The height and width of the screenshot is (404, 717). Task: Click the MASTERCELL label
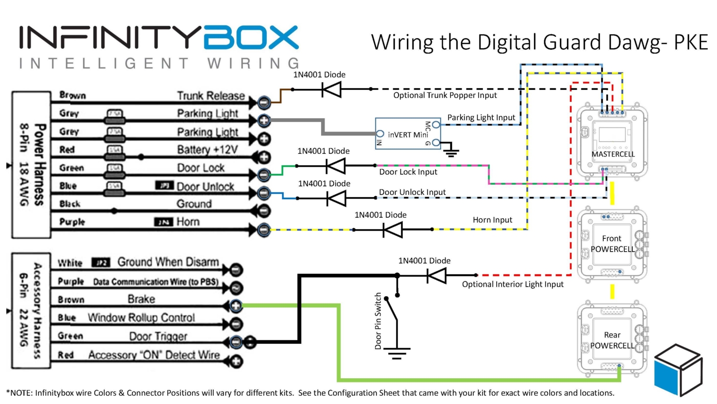613,154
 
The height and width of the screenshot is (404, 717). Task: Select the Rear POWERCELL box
612,339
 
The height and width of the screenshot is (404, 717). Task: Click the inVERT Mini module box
408,134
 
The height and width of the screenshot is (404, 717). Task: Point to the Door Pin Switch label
378,321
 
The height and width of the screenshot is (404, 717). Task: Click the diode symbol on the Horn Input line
393,230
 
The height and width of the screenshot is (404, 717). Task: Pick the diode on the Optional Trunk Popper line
331,89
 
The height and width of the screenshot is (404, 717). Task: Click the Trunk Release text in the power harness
211,96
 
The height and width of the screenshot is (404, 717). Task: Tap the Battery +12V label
207,150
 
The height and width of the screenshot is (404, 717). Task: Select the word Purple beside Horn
72,222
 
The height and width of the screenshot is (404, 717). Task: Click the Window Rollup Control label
141,318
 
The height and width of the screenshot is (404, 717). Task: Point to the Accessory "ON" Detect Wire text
154,355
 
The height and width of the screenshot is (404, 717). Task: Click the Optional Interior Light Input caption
512,284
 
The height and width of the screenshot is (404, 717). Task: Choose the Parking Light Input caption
481,118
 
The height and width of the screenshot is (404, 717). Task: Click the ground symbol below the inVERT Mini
451,153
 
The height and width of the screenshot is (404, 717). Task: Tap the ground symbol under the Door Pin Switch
397,354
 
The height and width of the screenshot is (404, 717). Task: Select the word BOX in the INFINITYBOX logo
251,38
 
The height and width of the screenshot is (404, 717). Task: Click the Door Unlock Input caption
412,192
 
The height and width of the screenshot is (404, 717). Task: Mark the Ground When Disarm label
168,262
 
